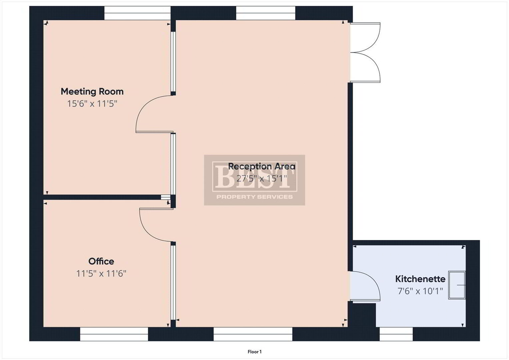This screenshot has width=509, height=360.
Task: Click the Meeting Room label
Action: (x=92, y=92)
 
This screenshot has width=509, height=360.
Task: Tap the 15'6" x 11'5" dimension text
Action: (x=92, y=104)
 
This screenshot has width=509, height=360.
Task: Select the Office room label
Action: (x=101, y=261)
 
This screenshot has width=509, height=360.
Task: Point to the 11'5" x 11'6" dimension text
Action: (x=101, y=273)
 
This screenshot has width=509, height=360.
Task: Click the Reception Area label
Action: (x=262, y=166)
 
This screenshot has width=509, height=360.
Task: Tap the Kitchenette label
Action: (x=420, y=279)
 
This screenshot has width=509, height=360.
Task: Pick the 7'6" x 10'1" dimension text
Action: (x=420, y=291)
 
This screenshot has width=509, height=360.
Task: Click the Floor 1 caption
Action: (x=255, y=352)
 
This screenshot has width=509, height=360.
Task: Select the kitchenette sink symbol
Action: (x=457, y=285)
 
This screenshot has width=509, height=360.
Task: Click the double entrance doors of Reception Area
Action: (x=365, y=53)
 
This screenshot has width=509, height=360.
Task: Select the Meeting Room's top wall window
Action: (x=137, y=13)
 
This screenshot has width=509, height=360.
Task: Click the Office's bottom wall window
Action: (x=114, y=334)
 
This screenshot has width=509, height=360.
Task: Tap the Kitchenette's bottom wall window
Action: (x=396, y=334)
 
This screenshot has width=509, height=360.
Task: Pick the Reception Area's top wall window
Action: (x=266, y=13)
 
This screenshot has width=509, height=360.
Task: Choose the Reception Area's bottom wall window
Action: (x=253, y=334)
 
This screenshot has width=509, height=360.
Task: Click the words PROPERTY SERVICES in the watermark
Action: (x=255, y=197)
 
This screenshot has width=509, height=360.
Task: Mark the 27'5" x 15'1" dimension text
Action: (x=262, y=179)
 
